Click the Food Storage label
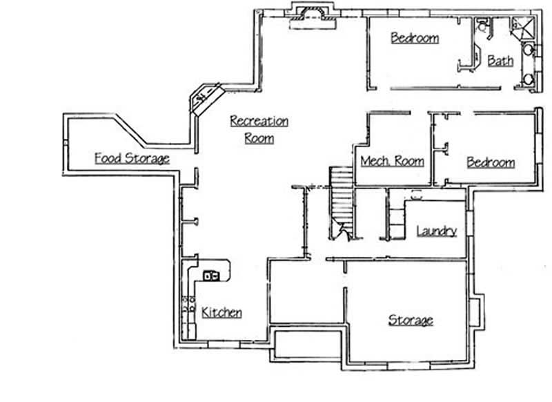click(x=132, y=158)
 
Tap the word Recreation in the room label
click(x=259, y=122)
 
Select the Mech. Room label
click(x=392, y=162)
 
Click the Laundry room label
click(x=436, y=231)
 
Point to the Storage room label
click(x=411, y=320)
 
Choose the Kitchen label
click(x=221, y=312)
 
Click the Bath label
click(x=500, y=61)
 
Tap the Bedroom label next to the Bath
click(x=414, y=38)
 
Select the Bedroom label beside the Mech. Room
click(x=491, y=162)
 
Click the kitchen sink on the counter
click(x=211, y=276)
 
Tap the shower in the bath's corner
click(x=522, y=27)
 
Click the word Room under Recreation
click(x=259, y=138)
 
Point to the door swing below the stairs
click(x=338, y=231)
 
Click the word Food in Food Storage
click(x=108, y=158)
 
